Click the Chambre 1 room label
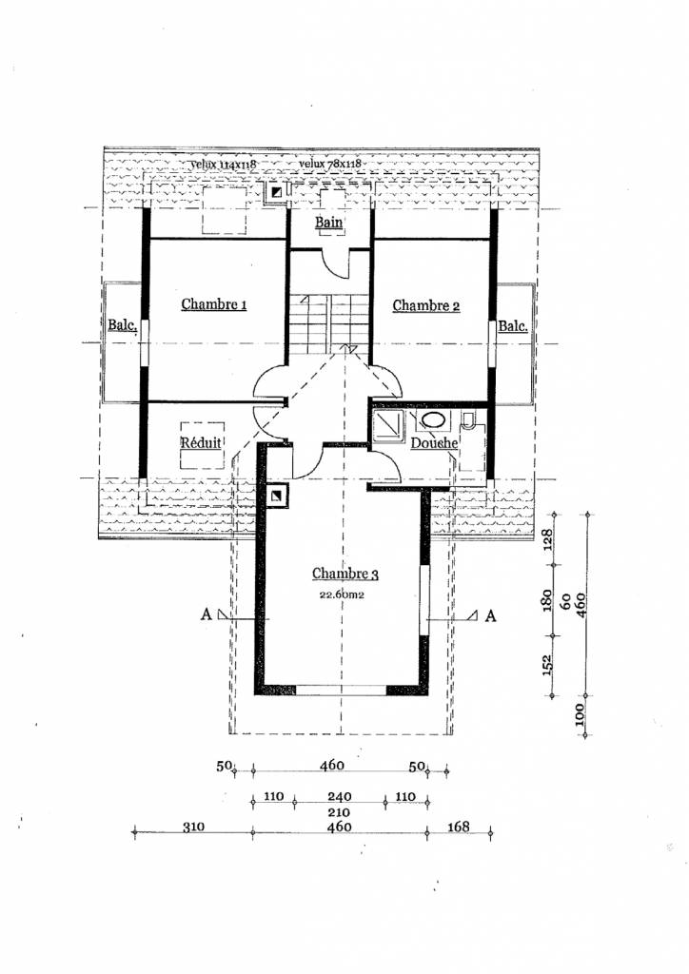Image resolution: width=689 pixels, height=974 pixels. click(x=214, y=305)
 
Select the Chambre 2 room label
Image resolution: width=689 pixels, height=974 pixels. click(x=426, y=305)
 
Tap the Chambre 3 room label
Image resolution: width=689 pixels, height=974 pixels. click(x=345, y=575)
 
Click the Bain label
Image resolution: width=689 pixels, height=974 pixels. click(x=329, y=224)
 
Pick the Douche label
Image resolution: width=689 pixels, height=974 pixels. click(x=435, y=443)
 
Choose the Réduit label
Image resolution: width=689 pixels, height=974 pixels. click(x=202, y=443)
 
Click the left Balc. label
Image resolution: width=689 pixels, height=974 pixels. click(x=123, y=326)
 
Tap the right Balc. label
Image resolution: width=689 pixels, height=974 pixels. click(x=514, y=326)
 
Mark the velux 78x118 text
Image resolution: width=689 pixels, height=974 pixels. click(x=329, y=164)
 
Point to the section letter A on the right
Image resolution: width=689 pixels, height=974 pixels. click(x=490, y=615)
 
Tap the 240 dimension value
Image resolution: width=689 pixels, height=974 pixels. click(x=340, y=796)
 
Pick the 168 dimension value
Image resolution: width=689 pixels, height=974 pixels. click(x=458, y=828)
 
